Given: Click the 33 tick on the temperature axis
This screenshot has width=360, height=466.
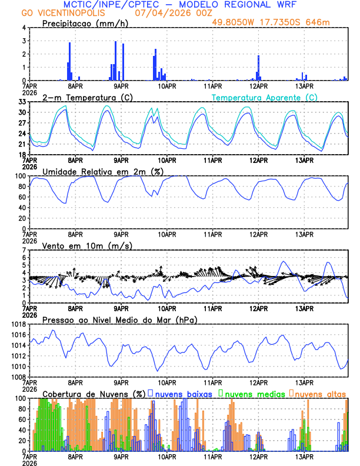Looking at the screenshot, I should (22, 102).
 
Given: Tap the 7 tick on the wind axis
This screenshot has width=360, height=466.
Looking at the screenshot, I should (24, 250).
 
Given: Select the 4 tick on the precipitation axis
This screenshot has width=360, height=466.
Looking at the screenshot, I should (24, 28).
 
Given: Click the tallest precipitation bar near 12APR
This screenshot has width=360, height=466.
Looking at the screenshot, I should (258, 68).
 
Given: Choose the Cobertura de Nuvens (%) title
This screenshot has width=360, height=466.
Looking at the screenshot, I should (94, 393).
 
